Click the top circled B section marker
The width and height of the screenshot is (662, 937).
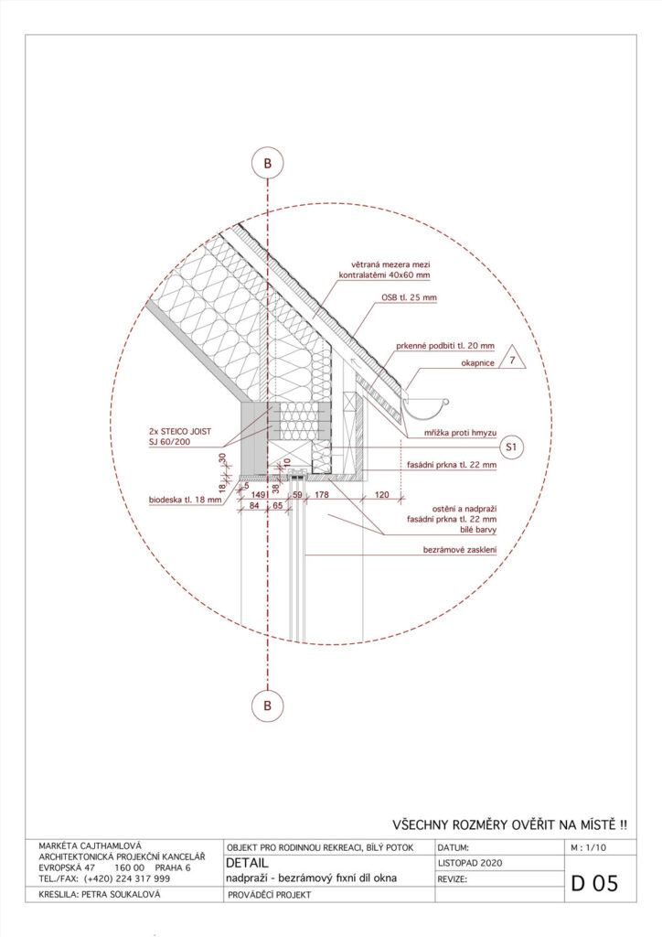click(x=267, y=164)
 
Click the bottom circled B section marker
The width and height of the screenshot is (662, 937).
click(x=267, y=705)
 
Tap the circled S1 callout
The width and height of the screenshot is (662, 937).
click(x=513, y=447)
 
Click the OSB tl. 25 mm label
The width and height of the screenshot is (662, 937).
click(x=410, y=297)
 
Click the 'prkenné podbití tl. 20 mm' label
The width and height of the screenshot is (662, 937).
click(x=445, y=347)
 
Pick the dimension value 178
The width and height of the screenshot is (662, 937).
click(x=322, y=495)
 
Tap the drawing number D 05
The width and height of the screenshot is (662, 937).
click(x=595, y=883)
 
